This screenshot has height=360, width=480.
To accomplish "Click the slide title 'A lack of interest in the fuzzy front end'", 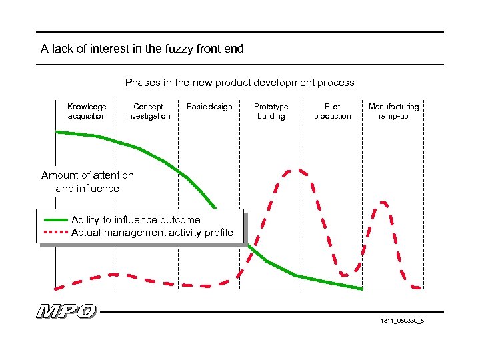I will tap(142, 49).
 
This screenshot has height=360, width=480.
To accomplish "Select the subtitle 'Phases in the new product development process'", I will tap(240, 83).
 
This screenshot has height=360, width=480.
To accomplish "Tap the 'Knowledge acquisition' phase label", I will tap(87, 111).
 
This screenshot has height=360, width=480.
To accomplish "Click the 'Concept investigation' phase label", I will tap(148, 111).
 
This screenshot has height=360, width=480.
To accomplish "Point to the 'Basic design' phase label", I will tap(209, 107).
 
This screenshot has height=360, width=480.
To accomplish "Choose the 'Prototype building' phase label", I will tap(271, 111).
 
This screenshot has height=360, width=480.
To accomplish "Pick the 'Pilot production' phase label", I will tap(332, 111).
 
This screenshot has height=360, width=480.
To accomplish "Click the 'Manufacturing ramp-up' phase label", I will tap(393, 111).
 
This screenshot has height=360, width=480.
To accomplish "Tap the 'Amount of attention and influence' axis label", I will tap(87, 181).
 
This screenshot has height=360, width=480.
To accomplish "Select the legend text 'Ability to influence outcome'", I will tap(135, 220).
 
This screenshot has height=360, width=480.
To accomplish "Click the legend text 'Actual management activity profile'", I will tap(152, 233).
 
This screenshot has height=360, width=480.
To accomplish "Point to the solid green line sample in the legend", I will tap(55, 220).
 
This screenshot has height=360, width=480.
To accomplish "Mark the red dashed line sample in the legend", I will tap(55, 233).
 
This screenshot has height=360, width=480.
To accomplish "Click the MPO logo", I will tap(67, 311).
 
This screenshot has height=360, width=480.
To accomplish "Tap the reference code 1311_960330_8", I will tap(402, 321).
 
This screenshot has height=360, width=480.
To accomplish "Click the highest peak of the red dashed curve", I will tap(291, 170).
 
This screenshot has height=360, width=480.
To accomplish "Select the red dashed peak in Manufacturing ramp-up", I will tap(383, 201).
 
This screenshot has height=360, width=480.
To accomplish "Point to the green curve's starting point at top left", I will tap(57, 132).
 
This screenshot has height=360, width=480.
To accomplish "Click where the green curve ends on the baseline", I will tap(361, 289).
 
